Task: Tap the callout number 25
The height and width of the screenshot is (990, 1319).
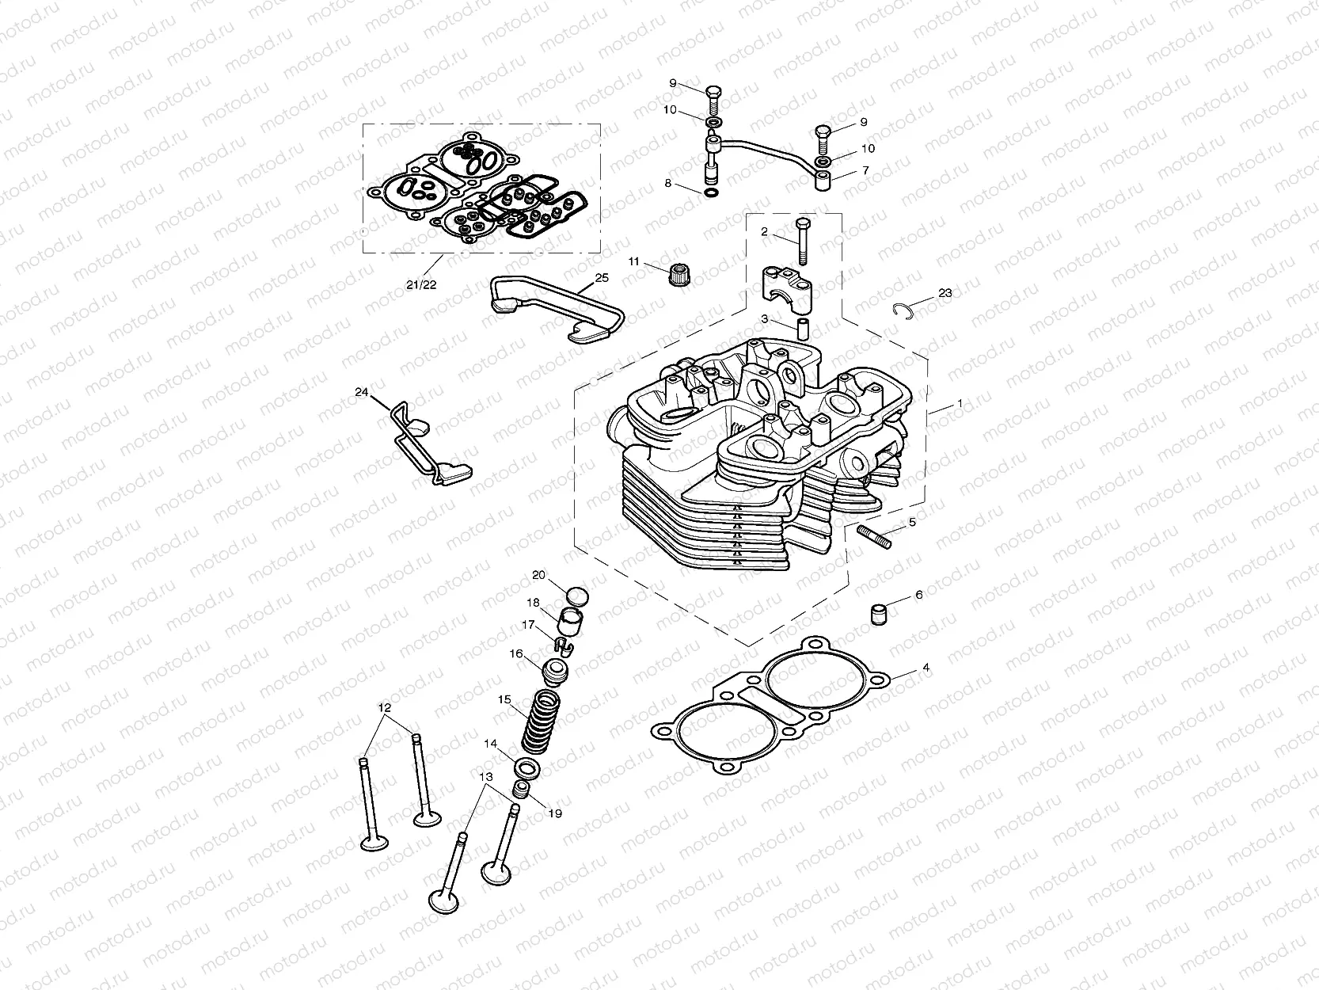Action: [x=602, y=278]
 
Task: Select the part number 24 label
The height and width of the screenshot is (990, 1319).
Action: [x=362, y=392]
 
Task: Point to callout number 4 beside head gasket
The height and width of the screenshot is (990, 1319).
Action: [x=926, y=668]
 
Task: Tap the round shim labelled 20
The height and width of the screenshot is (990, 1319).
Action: [x=580, y=594]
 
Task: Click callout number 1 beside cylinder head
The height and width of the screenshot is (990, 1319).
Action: [x=960, y=403]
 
